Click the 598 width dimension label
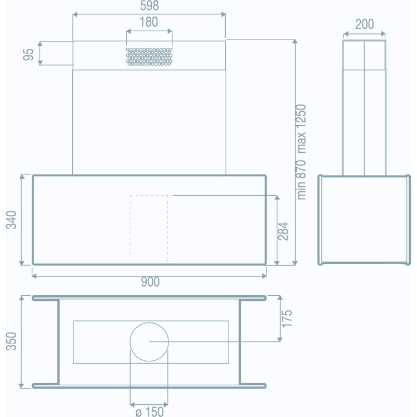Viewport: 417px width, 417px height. coord(149,6)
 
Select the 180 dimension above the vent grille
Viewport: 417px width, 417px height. coord(149,22)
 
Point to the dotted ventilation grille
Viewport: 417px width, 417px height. coord(149,56)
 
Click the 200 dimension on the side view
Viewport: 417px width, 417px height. coord(364,24)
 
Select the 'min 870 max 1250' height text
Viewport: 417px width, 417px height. coord(302,151)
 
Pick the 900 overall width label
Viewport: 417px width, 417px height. coord(149,282)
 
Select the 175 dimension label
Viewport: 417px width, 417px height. coord(286,319)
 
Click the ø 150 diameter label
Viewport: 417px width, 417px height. coord(148,412)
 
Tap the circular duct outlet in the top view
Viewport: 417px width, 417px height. coord(149,341)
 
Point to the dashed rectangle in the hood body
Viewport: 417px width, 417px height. coord(149,228)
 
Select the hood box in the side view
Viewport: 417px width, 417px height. coord(364,220)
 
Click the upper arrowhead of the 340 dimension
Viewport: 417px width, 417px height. coord(22,177)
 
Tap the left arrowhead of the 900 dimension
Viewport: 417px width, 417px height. coord(34,275)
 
